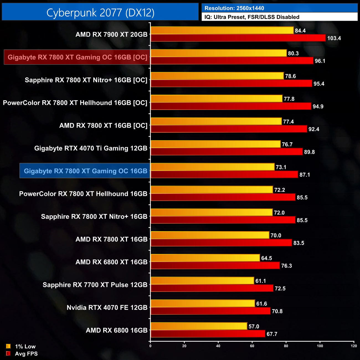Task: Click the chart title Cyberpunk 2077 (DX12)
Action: click(x=100, y=13)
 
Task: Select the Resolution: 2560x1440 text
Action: click(x=234, y=8)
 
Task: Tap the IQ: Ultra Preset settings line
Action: click(x=252, y=17)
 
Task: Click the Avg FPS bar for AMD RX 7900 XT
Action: click(x=238, y=38)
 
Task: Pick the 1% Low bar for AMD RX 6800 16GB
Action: click(x=199, y=326)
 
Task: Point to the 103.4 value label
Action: click(x=334, y=38)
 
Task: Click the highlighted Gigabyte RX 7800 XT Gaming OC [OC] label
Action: click(x=77, y=57)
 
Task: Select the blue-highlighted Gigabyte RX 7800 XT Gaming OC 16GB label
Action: click(x=85, y=171)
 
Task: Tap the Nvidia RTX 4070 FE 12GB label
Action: click(x=107, y=307)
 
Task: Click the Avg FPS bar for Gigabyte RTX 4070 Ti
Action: click(x=227, y=152)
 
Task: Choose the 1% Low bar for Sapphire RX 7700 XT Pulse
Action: click(x=202, y=281)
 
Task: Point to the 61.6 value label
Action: click(x=262, y=304)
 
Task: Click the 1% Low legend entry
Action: click(x=25, y=346)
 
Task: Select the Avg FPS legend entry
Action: click(x=26, y=354)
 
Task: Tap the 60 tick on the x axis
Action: click(x=252, y=346)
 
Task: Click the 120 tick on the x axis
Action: click(x=354, y=346)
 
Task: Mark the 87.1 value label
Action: click(x=305, y=175)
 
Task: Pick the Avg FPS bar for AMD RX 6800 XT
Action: click(x=215, y=266)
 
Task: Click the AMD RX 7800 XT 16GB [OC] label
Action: click(x=103, y=125)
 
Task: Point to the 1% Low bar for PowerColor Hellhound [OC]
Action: click(x=217, y=99)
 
